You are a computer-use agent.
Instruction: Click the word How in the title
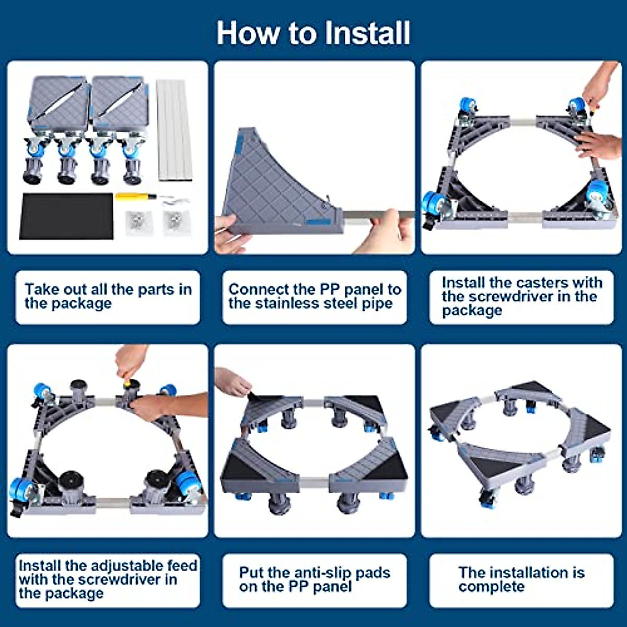[249, 33]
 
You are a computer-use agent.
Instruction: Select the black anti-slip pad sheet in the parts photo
[66, 216]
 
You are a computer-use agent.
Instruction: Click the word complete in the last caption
[492, 587]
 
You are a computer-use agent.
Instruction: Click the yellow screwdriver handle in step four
[130, 384]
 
